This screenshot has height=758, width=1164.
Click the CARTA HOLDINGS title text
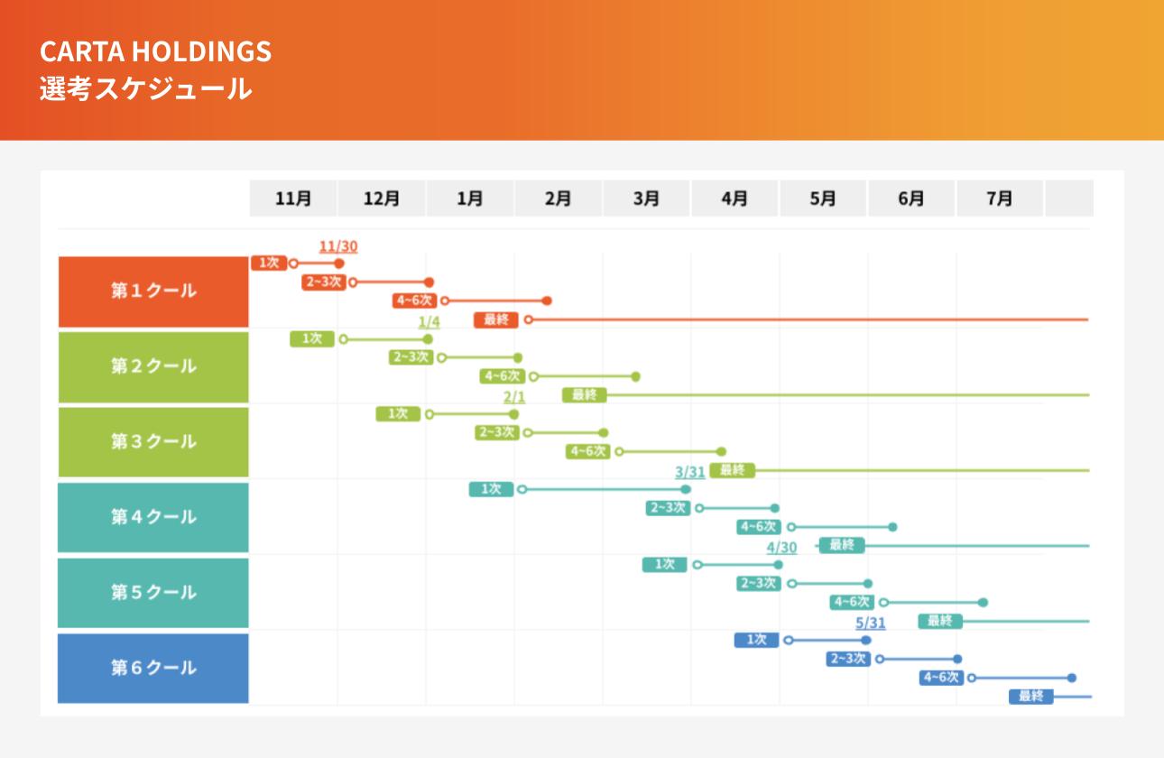pos(155,51)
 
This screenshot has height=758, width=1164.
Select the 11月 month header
pos(293,199)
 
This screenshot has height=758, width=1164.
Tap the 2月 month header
pos(558,199)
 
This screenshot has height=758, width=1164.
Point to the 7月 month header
pos(999,199)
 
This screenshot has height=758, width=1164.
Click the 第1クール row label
pos(153,291)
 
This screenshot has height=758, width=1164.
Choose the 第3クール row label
pos(153,442)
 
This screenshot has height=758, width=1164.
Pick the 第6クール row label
pos(153,669)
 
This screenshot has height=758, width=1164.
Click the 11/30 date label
pos(338,246)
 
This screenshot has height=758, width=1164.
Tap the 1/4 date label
pos(429,322)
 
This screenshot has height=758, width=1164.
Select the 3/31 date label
pos(689,472)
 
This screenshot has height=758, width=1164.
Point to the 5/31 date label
pos(870,623)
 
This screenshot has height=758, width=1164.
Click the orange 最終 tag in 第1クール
pos(495,319)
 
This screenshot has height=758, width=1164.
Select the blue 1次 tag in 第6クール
pos(756,640)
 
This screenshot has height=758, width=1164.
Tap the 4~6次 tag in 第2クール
pos(503,376)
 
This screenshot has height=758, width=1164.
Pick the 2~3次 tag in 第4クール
pos(668,508)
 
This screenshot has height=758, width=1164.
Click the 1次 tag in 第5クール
pos(665,565)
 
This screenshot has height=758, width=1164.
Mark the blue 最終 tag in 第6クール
pos(1030,697)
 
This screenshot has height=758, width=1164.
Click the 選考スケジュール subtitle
pos(145,88)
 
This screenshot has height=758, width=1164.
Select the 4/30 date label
pos(781,548)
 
